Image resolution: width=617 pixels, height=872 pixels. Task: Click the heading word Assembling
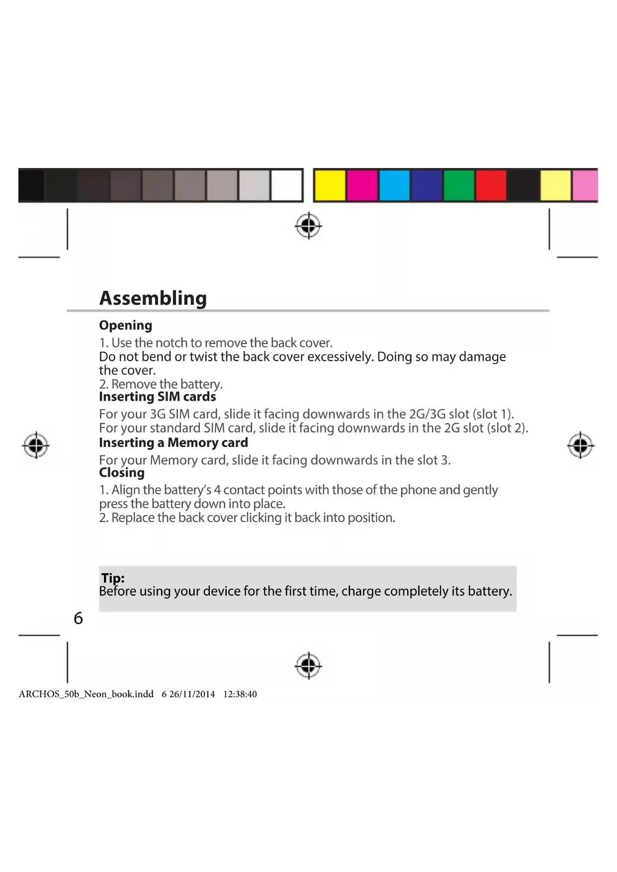(153, 298)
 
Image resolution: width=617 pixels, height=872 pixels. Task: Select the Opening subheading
(125, 326)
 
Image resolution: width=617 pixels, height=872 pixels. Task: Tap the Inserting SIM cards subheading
(157, 397)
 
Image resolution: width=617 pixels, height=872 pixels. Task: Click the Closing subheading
(122, 473)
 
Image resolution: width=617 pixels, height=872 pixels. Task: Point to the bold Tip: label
(113, 578)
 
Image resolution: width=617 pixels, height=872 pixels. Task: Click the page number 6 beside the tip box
(78, 618)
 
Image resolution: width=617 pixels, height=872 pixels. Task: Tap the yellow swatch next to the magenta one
(330, 185)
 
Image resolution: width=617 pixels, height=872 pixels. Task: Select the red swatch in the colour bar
(491, 185)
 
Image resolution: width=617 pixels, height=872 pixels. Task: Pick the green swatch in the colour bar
(458, 185)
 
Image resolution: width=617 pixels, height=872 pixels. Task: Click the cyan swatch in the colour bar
(394, 185)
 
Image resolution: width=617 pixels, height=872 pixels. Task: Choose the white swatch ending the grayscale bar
(286, 185)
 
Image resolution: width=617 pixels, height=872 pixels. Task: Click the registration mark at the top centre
(308, 226)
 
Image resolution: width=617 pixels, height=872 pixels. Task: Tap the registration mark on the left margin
(36, 445)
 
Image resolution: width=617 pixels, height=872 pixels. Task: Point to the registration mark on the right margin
(580, 445)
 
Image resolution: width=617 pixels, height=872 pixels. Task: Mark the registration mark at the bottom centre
(308, 665)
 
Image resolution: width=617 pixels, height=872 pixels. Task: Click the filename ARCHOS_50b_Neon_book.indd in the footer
(86, 695)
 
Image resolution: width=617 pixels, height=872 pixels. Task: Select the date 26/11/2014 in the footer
(192, 695)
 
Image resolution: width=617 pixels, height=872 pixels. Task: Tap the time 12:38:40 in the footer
(240, 695)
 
